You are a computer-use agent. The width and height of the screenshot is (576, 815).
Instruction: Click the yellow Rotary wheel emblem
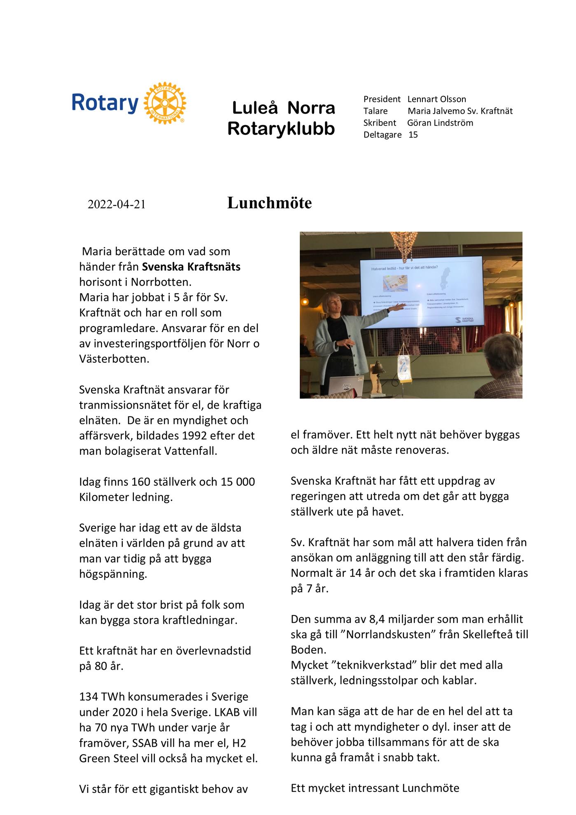click(165, 103)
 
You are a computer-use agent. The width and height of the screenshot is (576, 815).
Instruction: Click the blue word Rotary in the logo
click(105, 103)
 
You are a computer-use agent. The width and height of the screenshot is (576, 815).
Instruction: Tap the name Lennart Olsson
click(437, 99)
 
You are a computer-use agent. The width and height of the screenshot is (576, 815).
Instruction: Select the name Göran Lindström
click(440, 123)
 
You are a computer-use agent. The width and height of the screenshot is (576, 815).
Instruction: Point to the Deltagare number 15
click(413, 135)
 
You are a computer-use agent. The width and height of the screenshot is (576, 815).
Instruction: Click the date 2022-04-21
click(117, 205)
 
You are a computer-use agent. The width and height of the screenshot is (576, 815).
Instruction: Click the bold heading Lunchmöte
click(269, 203)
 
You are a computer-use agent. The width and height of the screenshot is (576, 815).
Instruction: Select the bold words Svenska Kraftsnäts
click(191, 267)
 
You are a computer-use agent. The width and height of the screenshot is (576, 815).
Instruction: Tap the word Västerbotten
click(114, 359)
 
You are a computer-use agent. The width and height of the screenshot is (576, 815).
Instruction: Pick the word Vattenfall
click(190, 451)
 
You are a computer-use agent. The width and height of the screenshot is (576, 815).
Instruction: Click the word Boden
click(308, 650)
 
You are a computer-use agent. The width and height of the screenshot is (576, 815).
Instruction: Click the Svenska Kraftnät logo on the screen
click(463, 320)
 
